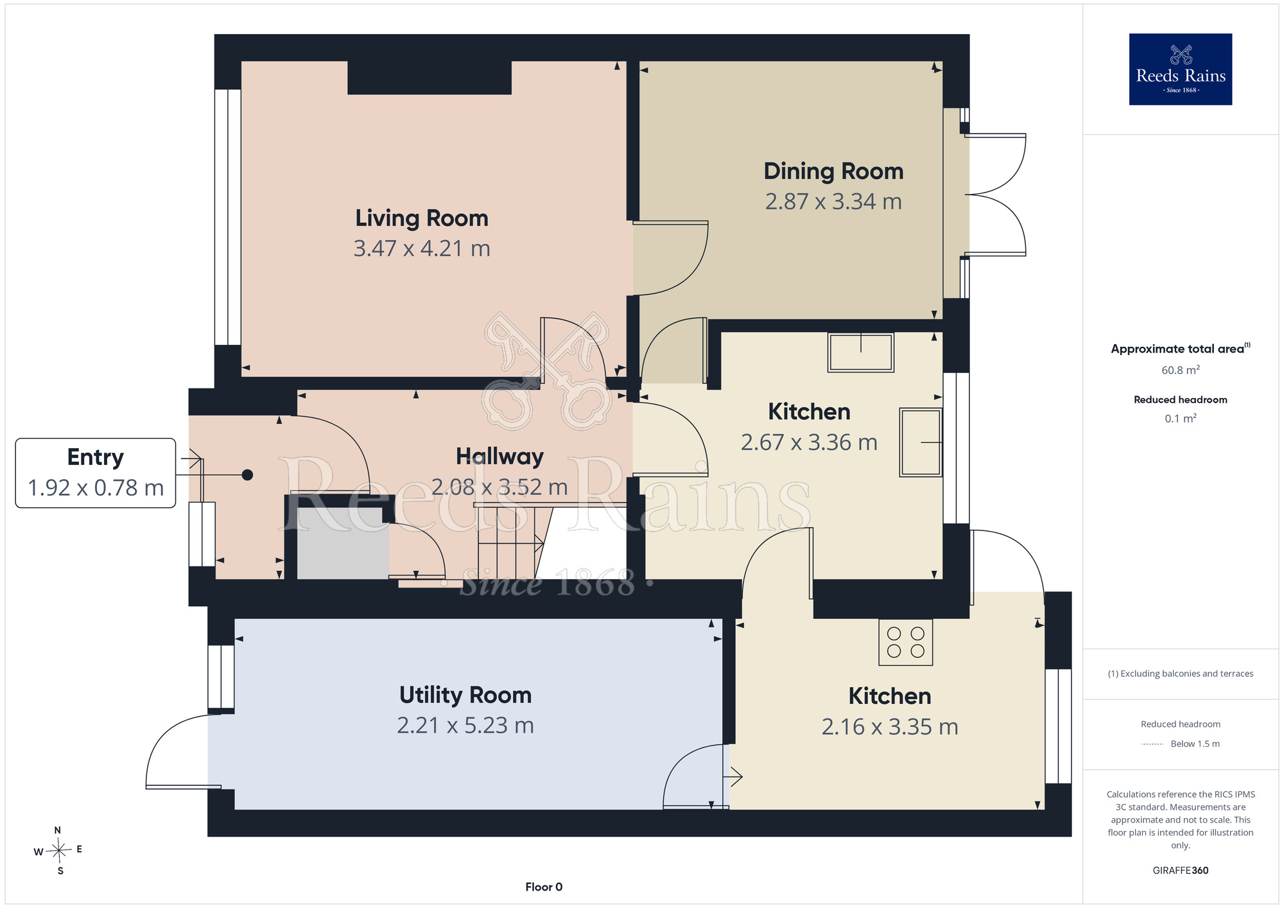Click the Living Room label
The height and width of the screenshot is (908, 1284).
click(x=422, y=218)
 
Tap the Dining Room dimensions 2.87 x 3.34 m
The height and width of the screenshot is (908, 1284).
click(x=833, y=202)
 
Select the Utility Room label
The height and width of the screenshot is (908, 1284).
click(x=465, y=695)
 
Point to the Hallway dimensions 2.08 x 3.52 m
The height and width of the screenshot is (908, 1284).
click(x=499, y=487)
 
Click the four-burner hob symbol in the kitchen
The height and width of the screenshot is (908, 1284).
click(x=905, y=642)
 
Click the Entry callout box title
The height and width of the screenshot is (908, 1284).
click(x=96, y=457)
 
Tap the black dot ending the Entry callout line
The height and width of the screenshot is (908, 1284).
click(x=247, y=475)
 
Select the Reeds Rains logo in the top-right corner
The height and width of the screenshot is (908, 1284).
click(x=1181, y=69)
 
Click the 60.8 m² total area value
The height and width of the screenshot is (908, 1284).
click(x=1181, y=370)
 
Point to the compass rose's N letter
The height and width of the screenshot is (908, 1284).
click(x=58, y=830)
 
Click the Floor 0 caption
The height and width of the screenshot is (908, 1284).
click(x=544, y=887)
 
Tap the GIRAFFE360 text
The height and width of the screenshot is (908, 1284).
click(x=1181, y=871)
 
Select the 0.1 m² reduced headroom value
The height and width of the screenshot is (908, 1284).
click(x=1181, y=418)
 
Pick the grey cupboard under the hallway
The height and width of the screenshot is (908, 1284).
click(x=343, y=543)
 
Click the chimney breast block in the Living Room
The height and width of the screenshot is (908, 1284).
click(x=429, y=78)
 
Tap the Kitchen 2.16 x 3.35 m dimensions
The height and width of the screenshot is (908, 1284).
click(x=890, y=727)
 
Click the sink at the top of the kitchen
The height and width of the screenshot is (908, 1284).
click(x=860, y=352)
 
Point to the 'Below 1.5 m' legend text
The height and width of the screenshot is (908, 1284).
click(x=1195, y=744)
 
